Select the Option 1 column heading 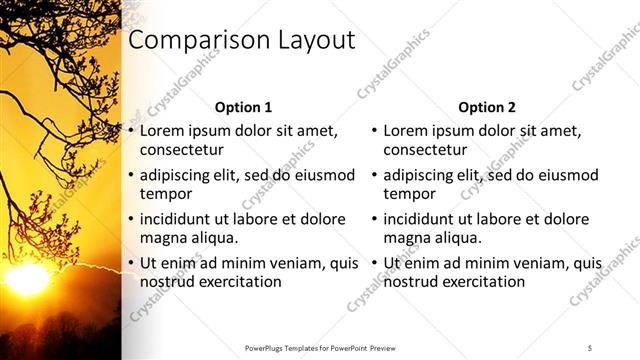coord(243,108)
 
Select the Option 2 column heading coord(487,108)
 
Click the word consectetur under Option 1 coord(180,150)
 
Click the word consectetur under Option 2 coord(424,150)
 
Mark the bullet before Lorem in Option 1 coord(130,131)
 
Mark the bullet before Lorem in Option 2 coord(374,131)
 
